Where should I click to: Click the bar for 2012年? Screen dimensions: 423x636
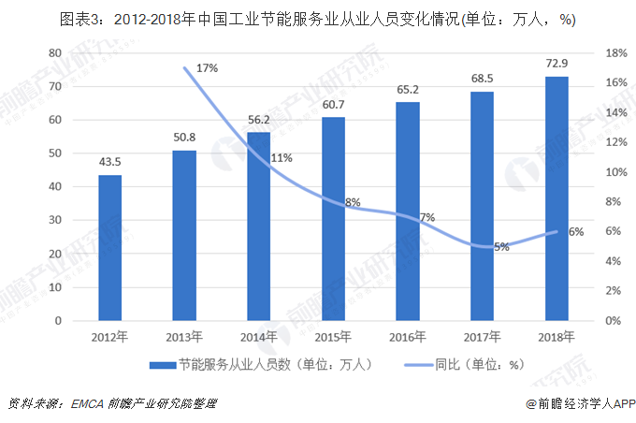click(x=110, y=248)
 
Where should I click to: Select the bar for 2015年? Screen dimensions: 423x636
click(x=333, y=219)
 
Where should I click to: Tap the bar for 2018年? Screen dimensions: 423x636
click(x=556, y=198)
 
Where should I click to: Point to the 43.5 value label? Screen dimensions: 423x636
click(x=110, y=161)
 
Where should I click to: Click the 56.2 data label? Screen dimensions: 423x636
click(x=258, y=119)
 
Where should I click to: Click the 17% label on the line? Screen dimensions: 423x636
click(x=207, y=67)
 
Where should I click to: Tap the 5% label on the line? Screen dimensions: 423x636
click(x=501, y=247)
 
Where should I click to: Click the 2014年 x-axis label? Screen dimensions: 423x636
click(x=258, y=336)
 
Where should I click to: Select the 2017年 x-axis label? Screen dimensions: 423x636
click(x=482, y=336)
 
